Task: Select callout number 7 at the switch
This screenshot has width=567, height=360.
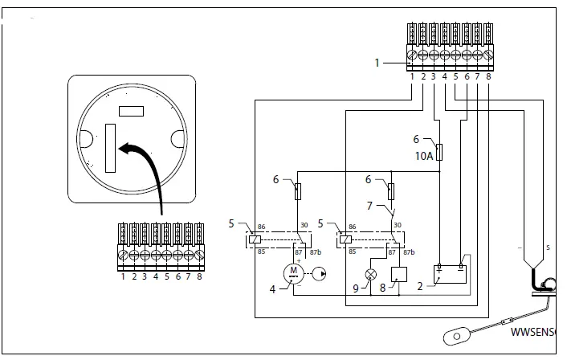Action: [x=370, y=207]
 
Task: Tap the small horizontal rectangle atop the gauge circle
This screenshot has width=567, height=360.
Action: [x=130, y=110]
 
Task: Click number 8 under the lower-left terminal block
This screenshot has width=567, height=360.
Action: [x=198, y=277]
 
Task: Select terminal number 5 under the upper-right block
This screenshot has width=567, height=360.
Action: [x=455, y=76]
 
